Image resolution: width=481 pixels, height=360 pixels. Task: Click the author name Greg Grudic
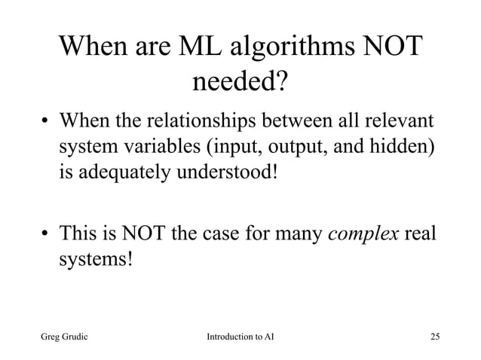point(67,334)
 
